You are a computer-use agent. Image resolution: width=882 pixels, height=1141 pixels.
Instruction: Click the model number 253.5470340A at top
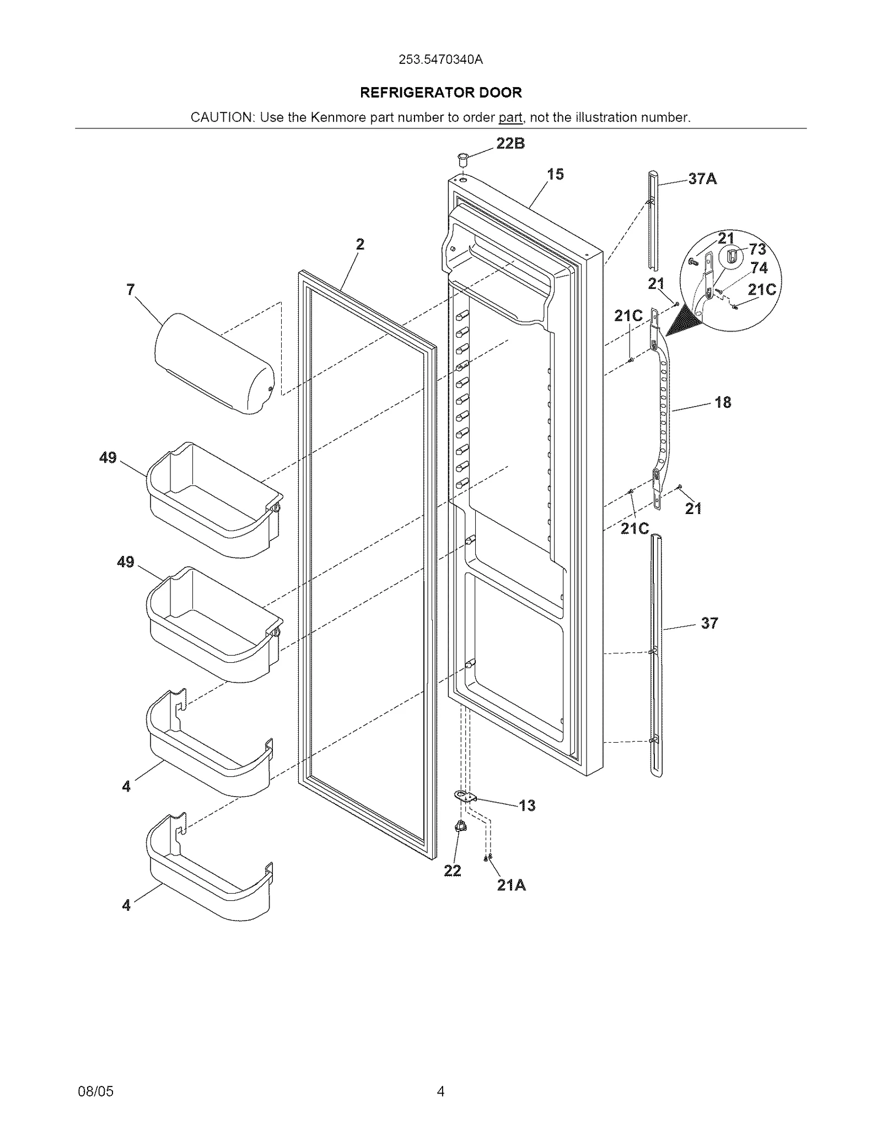(x=440, y=60)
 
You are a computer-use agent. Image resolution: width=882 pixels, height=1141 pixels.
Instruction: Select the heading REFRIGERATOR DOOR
(x=440, y=93)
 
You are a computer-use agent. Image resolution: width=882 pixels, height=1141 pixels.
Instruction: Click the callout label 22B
(x=510, y=144)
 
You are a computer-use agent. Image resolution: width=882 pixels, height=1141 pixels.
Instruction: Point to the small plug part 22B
(x=462, y=159)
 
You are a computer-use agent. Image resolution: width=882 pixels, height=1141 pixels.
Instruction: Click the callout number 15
(x=555, y=175)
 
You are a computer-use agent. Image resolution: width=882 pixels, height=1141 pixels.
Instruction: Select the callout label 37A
(x=702, y=179)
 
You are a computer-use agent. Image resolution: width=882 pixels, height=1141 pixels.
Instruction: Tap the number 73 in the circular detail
(x=757, y=250)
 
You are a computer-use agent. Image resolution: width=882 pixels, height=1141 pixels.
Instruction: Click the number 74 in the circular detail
(x=759, y=268)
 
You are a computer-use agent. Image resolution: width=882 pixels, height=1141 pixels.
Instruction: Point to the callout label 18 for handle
(x=723, y=403)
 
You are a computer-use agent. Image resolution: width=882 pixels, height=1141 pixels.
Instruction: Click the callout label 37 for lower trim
(x=709, y=623)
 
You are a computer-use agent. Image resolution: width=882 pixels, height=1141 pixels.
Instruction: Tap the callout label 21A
(x=511, y=885)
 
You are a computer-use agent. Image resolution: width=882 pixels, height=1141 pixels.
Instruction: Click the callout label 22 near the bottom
(x=452, y=871)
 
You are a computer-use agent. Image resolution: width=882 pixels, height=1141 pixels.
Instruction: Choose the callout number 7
(x=131, y=290)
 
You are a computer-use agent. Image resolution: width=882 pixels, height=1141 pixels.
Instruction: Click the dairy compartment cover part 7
(x=215, y=364)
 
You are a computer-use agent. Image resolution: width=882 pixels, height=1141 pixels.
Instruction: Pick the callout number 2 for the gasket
(x=360, y=244)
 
